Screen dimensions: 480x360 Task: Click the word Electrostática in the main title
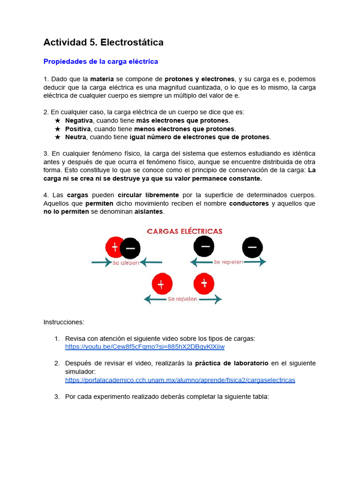132,42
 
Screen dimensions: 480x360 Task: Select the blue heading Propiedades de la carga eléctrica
101,61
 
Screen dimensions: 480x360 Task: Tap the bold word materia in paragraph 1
102,79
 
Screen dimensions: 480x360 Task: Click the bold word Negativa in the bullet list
79,120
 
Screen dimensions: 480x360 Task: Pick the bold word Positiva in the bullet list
78,129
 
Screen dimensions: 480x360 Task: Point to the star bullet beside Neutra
58,137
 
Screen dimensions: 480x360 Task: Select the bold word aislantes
149,212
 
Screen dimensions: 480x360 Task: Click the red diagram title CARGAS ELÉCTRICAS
185,231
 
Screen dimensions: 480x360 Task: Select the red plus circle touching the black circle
114,247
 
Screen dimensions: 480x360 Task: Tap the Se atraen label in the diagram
126,263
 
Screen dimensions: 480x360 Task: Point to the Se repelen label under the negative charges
228,262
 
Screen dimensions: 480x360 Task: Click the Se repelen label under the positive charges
182,299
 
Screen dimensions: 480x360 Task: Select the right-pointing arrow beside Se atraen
102,263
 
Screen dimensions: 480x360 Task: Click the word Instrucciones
64,322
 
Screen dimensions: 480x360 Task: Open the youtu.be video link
145,347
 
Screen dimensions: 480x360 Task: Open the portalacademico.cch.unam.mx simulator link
180,380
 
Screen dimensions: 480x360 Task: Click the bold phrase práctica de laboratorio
232,363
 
